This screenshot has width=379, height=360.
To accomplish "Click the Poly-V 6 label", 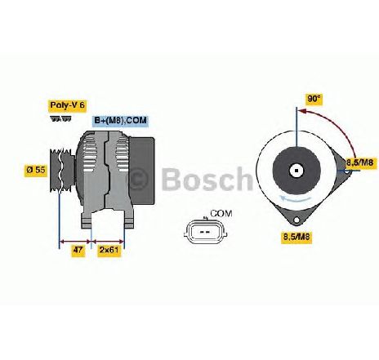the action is tap(67, 105).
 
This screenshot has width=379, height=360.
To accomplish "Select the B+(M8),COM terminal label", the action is tap(121, 121).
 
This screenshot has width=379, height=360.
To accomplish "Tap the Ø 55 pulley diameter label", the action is tap(36, 170).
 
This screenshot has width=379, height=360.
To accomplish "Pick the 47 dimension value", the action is tap(78, 250).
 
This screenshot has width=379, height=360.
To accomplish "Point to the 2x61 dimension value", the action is tap(109, 250).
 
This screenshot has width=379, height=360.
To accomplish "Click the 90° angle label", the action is tap(314, 99).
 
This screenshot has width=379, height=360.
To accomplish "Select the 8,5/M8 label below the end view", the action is tap(297, 236).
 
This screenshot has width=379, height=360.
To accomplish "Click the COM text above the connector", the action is tap(221, 214).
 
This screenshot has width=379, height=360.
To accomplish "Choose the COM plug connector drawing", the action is tap(206, 232).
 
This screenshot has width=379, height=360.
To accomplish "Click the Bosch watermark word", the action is tap(207, 179).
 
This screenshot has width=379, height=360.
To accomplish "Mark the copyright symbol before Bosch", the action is tap(138, 179).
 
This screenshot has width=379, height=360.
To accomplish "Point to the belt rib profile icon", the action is tap(61, 118).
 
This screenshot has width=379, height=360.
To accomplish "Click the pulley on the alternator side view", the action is tap(62, 171).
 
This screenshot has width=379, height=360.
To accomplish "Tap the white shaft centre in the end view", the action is tap(297, 171).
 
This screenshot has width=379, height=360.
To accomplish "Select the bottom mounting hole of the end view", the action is tap(297, 220).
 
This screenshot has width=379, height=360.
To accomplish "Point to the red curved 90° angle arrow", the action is tap(335, 126).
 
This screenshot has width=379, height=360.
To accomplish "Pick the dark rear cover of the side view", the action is tap(142, 171).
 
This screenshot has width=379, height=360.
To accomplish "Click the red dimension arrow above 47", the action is tap(74, 241).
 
